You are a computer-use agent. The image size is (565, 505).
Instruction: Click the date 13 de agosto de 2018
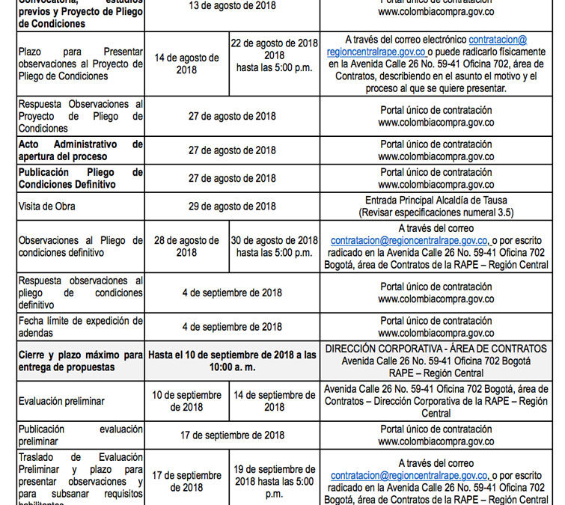[232, 5]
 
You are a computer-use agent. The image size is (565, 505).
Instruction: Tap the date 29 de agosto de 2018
[232, 206]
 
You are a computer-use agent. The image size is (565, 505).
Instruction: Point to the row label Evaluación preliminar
[61, 401]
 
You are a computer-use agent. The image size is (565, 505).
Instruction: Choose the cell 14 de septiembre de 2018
[274, 401]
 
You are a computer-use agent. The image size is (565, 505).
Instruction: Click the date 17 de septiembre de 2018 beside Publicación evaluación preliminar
[232, 435]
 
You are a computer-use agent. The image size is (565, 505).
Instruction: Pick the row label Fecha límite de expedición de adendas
[81, 327]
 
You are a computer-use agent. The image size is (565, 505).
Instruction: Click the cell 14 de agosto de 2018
[186, 64]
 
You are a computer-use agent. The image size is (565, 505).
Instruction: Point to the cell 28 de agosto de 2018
[186, 246]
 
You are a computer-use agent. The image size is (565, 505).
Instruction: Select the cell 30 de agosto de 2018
[274, 246]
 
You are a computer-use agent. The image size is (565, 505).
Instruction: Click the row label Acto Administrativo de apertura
[81, 150]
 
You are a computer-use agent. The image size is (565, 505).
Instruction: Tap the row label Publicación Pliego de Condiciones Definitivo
[81, 178]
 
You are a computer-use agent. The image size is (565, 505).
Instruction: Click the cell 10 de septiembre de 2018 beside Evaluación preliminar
[186, 401]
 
